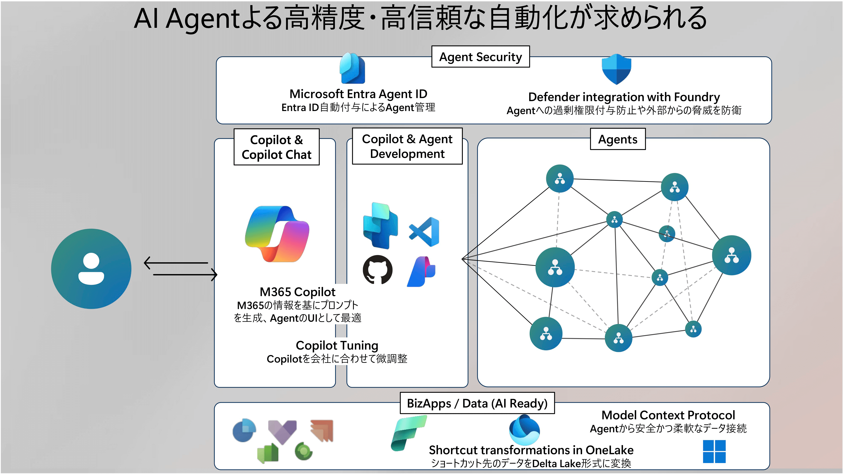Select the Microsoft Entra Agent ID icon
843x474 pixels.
[x=352, y=68]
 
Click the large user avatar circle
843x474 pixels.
[x=91, y=269]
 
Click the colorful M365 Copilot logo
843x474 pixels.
[x=277, y=234]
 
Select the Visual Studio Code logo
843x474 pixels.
[x=424, y=232]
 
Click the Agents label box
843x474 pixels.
[x=617, y=139]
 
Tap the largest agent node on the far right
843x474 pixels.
[x=731, y=255]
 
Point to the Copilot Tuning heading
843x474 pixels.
[x=337, y=345]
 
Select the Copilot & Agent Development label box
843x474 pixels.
[x=407, y=146]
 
